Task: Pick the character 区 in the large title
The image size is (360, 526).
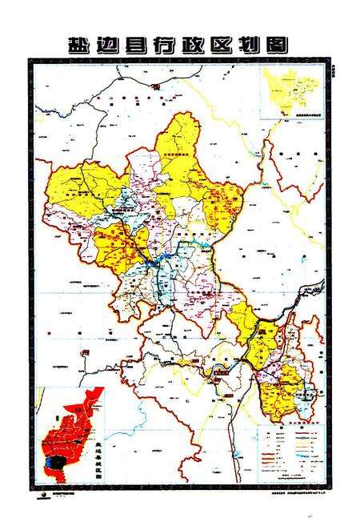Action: point(223,45)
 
